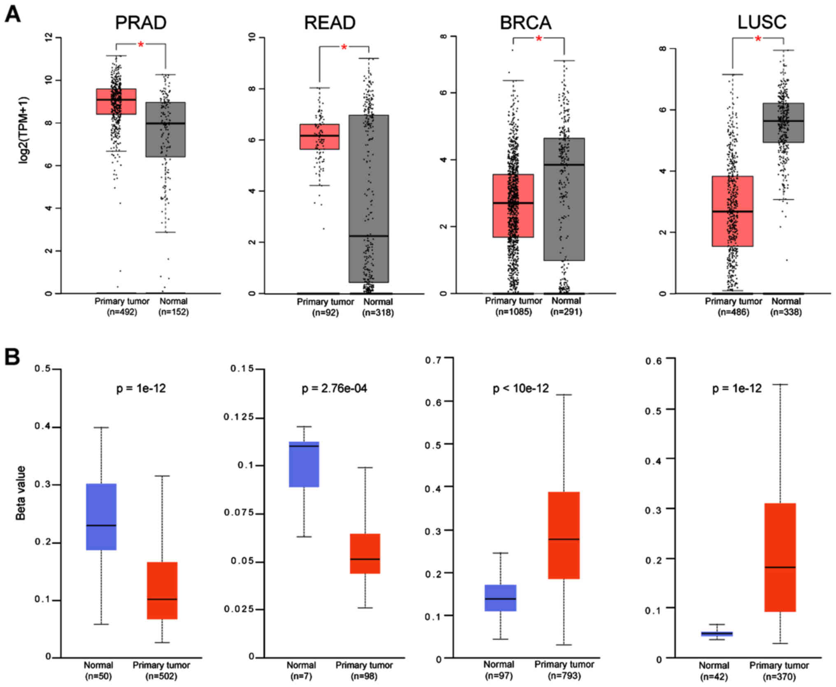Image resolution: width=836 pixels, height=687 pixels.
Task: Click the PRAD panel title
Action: (x=140, y=23)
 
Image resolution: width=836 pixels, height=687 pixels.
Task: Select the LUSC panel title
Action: (x=761, y=22)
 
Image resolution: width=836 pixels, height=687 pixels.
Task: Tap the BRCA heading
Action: (x=525, y=23)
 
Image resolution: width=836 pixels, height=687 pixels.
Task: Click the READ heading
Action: (x=329, y=23)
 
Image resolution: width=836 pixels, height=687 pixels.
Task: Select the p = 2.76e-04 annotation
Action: (x=334, y=388)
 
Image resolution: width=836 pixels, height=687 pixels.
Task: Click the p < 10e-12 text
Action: (x=521, y=388)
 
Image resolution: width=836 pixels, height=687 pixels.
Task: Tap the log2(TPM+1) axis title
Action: (x=24, y=130)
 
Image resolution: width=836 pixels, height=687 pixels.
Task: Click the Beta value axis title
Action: (x=21, y=493)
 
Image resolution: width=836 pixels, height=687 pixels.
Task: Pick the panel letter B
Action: (x=12, y=357)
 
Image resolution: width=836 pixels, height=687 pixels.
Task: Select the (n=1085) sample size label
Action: (x=513, y=312)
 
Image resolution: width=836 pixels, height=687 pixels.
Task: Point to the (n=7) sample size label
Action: (x=301, y=676)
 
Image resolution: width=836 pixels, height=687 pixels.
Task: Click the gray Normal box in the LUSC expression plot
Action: (x=783, y=123)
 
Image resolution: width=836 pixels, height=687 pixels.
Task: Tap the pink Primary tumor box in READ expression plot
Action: (x=319, y=137)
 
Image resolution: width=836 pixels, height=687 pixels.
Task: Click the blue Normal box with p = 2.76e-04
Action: (x=304, y=464)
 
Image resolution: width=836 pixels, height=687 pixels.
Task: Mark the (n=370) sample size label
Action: (x=779, y=676)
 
